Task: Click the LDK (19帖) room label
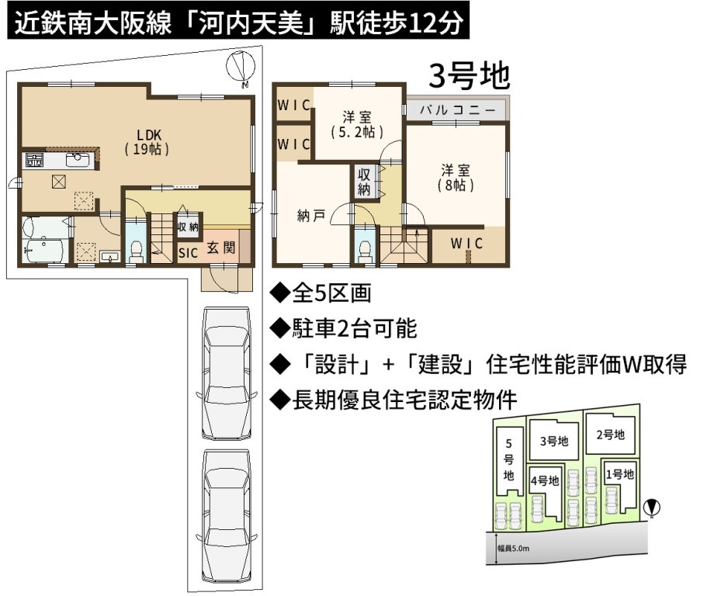coord(147,141)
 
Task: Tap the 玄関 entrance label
coord(221,248)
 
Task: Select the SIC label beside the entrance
coord(188,253)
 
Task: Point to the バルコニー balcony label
coord(457,109)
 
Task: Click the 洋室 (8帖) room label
coord(456,178)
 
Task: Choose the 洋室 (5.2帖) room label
coord(357,124)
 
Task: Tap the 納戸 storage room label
coord(311,216)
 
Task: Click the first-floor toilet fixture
coord(136,251)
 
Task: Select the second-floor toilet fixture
coord(366,251)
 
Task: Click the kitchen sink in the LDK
coord(77,160)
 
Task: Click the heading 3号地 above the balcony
coord(469,76)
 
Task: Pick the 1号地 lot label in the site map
coord(620,474)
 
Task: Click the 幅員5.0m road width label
coord(513,549)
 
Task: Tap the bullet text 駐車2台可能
coord(354,327)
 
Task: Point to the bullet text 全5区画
coord(331,293)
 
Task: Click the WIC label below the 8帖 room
coord(466,243)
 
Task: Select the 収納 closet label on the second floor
coord(364,182)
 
